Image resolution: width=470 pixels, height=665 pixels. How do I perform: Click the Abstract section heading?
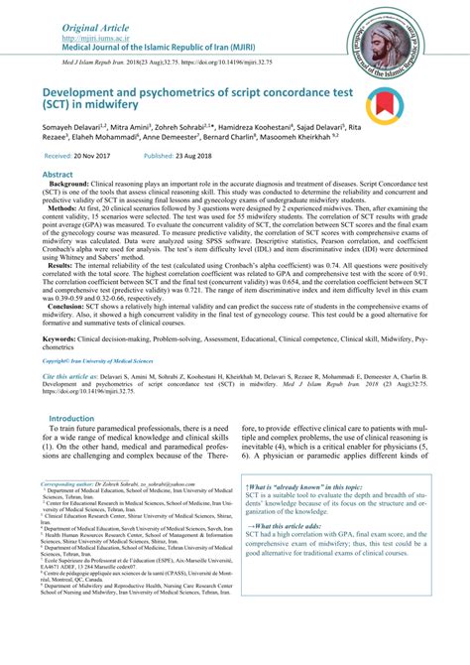point(56,173)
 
